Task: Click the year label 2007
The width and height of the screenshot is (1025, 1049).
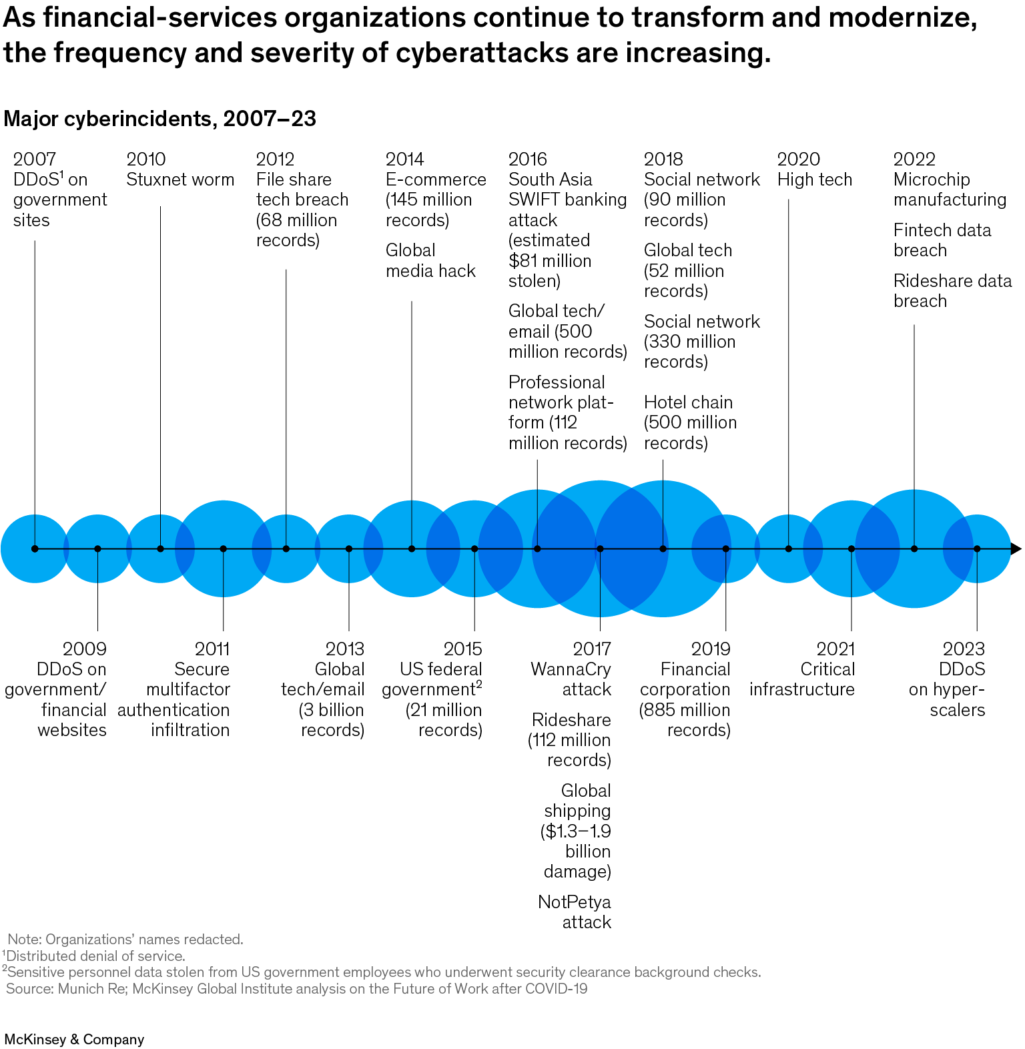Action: pos(34,159)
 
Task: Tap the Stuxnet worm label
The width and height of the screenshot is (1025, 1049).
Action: pos(180,180)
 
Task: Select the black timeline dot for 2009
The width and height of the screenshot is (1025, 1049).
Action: pos(97,549)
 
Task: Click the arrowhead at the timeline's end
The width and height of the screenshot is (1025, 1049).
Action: pos(1015,549)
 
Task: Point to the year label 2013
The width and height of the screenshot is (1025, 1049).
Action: pos(344,649)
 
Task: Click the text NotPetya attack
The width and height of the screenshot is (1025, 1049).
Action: pos(574,912)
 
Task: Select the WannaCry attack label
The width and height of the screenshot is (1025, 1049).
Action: pos(571,679)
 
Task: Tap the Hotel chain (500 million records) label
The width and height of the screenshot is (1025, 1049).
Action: pos(690,422)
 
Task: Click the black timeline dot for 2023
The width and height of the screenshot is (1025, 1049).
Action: pos(977,549)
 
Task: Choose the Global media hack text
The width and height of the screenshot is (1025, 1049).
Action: pos(430,260)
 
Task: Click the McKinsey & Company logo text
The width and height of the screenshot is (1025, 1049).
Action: pos(74,1039)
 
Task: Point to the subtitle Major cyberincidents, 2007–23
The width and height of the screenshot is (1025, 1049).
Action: pos(159,119)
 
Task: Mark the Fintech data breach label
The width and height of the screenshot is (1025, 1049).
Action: pos(942,240)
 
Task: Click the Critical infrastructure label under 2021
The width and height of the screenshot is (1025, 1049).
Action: pos(801,679)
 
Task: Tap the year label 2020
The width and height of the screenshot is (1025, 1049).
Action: pos(798,159)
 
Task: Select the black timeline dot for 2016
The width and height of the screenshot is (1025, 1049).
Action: pos(537,549)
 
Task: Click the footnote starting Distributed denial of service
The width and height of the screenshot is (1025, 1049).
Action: pos(95,956)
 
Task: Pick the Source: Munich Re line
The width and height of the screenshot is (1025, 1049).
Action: pos(296,988)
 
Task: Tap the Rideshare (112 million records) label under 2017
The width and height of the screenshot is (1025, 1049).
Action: pos(570,739)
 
